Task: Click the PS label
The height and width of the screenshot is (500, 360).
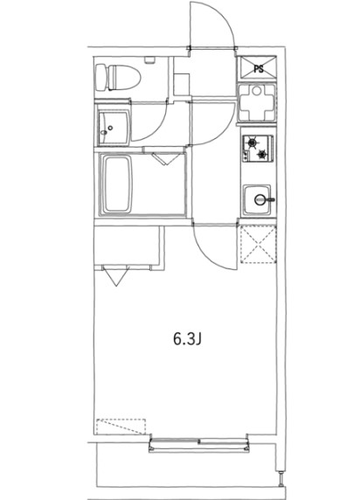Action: coord(258,67)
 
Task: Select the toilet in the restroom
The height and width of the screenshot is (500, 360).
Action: coord(117,76)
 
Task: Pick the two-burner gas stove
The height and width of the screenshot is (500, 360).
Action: coord(257,149)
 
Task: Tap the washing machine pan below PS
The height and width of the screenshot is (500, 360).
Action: coord(257,102)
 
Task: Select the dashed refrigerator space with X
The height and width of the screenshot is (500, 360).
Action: coord(257,244)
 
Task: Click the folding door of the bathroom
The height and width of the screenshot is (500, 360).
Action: coord(162,159)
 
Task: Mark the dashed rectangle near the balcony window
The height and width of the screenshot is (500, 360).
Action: coord(120,429)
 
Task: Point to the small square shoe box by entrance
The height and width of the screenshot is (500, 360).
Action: coord(182,83)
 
